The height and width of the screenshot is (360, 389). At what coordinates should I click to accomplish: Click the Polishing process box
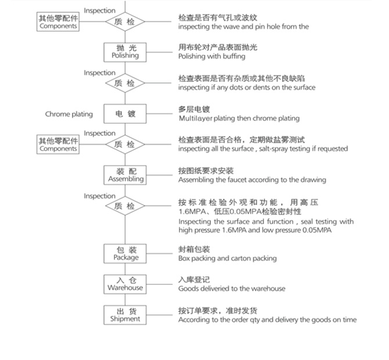125,52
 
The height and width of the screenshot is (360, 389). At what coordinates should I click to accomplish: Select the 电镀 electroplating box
125,114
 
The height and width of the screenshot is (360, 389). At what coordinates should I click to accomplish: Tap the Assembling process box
125,175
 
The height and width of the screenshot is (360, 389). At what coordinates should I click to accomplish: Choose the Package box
125,253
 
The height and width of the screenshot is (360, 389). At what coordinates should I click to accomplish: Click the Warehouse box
125,284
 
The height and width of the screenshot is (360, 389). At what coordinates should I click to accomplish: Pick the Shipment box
125,315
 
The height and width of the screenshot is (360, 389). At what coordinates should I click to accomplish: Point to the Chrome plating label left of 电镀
69,114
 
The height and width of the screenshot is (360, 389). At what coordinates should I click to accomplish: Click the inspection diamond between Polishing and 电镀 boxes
125,83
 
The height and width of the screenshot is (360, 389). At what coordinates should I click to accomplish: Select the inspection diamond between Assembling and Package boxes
125,206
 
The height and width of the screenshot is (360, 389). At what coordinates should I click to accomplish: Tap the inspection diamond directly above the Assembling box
125,144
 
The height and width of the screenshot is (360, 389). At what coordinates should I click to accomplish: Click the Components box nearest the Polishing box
58,22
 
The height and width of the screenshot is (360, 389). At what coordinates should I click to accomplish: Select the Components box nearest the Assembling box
58,145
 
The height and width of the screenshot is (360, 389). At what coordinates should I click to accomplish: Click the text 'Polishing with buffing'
211,56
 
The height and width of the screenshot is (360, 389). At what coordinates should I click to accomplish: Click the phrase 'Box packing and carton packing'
228,258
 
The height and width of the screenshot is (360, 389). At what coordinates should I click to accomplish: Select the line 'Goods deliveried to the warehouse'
232,289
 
